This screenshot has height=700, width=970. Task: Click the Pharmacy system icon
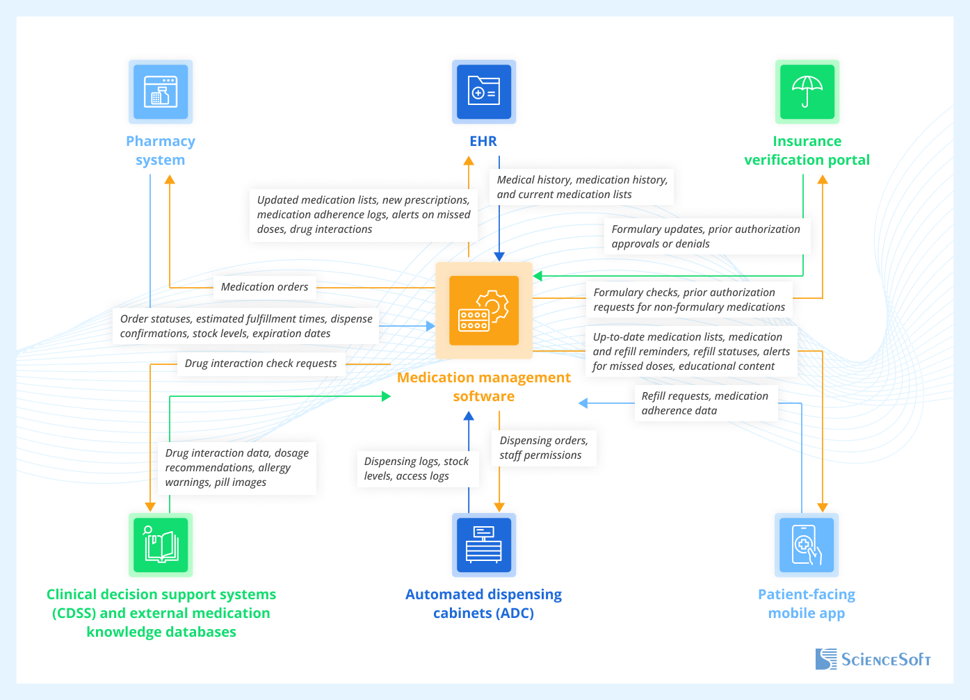click(161, 92)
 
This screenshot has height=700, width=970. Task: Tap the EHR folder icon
click(484, 92)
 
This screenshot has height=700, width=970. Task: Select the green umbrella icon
click(807, 92)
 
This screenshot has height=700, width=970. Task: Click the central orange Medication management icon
click(484, 311)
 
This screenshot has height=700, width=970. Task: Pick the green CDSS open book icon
click(161, 545)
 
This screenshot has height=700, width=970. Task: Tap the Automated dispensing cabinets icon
click(484, 545)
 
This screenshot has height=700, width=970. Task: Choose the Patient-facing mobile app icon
click(807, 545)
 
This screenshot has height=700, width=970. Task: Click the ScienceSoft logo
click(873, 659)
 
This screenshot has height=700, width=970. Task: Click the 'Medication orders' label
click(264, 287)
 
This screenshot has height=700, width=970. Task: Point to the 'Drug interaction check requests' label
click(261, 364)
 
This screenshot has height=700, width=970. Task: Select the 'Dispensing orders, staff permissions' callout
click(544, 448)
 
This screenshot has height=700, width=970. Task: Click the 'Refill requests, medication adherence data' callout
click(705, 403)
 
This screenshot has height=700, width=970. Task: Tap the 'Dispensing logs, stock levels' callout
click(417, 469)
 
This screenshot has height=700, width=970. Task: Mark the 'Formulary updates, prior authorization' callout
click(706, 236)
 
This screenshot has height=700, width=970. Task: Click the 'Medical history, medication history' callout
click(582, 187)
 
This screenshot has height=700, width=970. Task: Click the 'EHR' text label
click(483, 141)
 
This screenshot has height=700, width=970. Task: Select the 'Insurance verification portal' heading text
click(807, 151)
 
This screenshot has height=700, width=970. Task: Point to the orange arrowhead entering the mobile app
click(823, 507)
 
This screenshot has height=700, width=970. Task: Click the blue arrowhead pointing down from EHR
click(499, 257)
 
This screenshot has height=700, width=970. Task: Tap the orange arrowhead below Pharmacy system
click(170, 179)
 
